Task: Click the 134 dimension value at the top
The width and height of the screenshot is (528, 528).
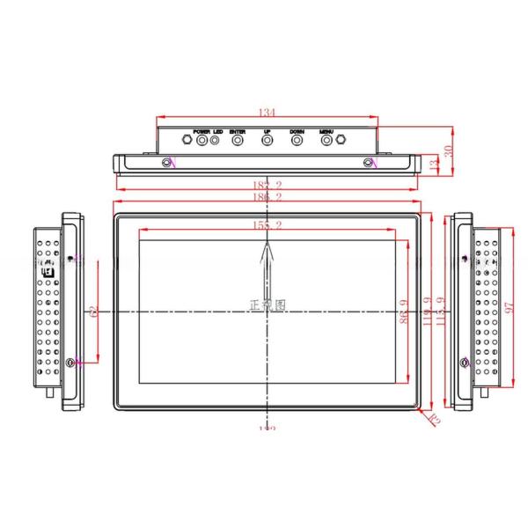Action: (x=267, y=113)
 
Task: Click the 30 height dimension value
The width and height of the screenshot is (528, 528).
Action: (x=448, y=151)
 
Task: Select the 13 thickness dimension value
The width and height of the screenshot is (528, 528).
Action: (x=432, y=164)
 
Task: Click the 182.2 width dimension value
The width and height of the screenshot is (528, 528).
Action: (x=267, y=186)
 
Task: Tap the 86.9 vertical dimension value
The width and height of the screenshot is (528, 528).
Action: (x=404, y=312)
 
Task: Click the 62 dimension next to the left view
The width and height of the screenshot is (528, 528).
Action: (x=92, y=312)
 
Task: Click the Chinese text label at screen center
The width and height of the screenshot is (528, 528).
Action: (x=268, y=305)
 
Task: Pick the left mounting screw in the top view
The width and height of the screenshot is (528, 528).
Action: (x=167, y=162)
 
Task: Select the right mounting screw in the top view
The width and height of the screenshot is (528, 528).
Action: (x=369, y=162)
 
